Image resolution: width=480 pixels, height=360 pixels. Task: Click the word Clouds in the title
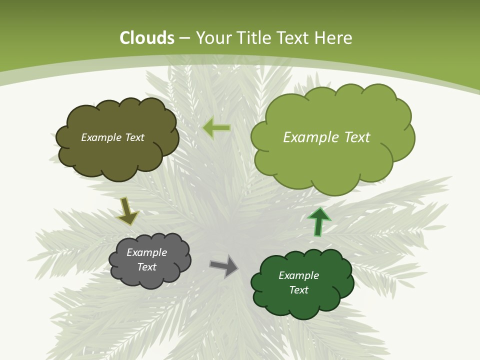pos(147,38)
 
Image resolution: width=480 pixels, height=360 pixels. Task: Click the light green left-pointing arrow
pos(216,128)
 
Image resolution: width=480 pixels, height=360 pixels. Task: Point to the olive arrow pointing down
pos(127,210)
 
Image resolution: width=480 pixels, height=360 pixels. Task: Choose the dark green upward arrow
pos(319,221)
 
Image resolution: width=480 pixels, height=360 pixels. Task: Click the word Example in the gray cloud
pos(147,252)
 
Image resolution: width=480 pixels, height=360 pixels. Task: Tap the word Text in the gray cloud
pos(147,267)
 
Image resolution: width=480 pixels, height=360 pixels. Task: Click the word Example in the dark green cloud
pos(298,275)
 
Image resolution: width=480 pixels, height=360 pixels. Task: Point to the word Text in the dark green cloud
pos(298,290)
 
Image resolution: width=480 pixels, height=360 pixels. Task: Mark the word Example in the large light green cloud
pos(309,137)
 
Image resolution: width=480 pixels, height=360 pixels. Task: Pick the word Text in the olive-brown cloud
pos(134,137)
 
